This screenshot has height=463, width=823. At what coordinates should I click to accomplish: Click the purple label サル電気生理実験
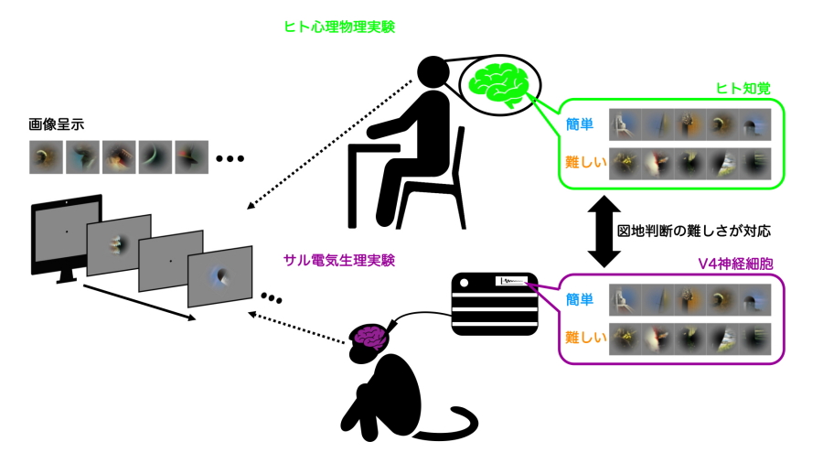click(x=346, y=261)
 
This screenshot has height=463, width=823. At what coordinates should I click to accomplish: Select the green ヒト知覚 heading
click(x=743, y=88)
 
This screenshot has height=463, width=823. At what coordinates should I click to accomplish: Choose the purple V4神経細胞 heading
click(x=736, y=263)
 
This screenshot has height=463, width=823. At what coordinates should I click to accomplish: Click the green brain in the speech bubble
click(x=497, y=83)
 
